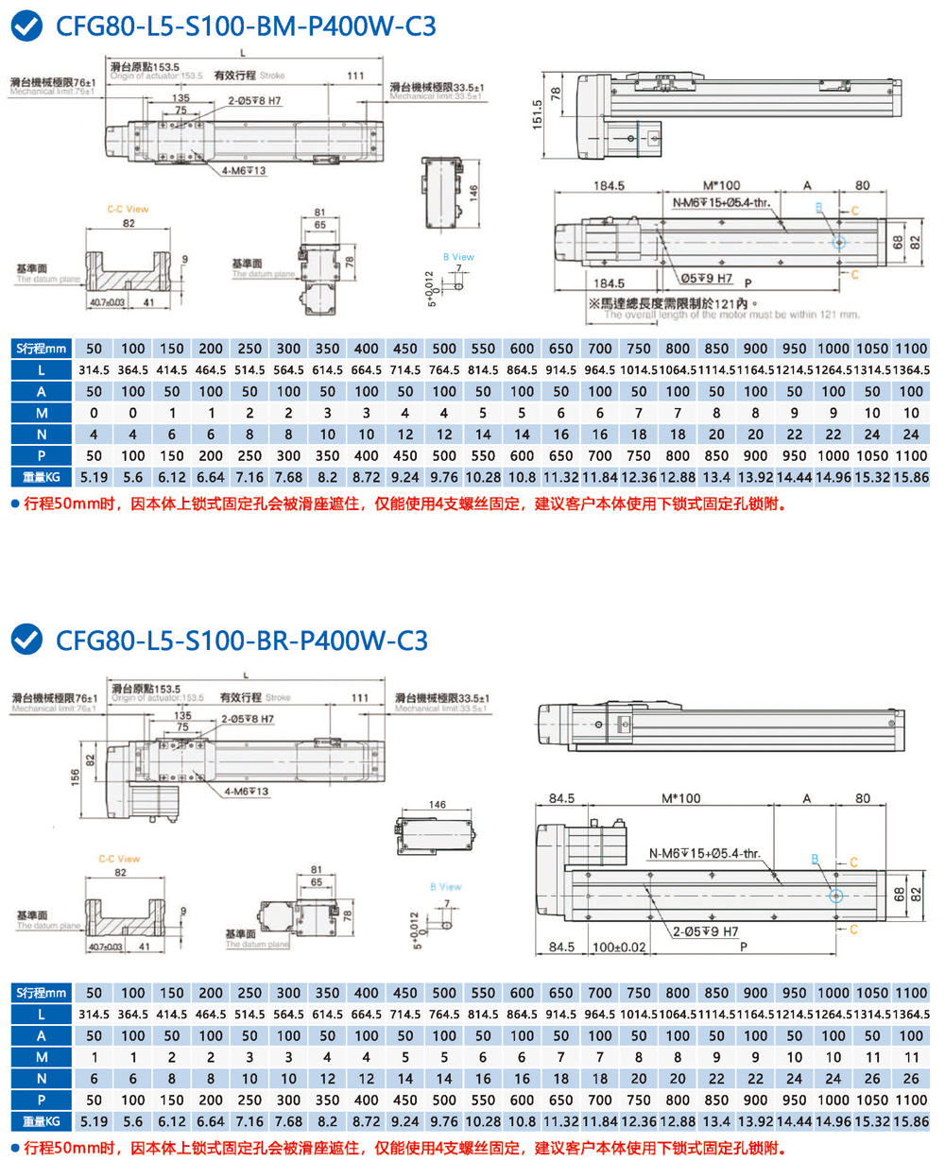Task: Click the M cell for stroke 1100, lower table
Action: point(910,1056)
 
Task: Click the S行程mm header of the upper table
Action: point(42,347)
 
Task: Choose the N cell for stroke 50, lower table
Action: point(94,1078)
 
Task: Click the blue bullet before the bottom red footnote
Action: point(14,1147)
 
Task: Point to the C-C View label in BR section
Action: point(119,859)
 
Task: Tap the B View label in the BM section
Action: point(458,257)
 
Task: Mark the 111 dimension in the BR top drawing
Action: point(359,697)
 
